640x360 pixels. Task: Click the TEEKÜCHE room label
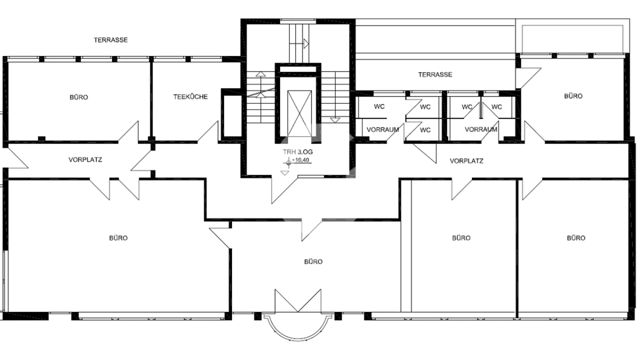[190, 97]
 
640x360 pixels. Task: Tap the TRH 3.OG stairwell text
[298, 152]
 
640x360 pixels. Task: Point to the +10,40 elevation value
[300, 160]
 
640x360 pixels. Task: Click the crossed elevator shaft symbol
[299, 114]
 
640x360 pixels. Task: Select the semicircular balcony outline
[298, 340]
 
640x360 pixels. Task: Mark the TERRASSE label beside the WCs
[435, 75]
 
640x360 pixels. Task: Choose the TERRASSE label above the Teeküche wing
[111, 40]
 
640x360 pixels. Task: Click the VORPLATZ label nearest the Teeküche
[85, 159]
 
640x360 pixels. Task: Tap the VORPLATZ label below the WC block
[467, 161]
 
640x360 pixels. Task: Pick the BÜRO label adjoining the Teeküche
[79, 98]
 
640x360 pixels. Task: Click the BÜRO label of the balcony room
[314, 262]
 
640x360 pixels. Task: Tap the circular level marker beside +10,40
[289, 163]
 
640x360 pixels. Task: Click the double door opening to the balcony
[298, 301]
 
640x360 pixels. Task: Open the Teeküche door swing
[208, 131]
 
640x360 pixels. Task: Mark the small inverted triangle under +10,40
[285, 173]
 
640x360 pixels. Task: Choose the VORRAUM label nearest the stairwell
[382, 130]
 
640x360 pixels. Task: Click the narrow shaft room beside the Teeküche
[231, 115]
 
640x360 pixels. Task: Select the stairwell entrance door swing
[285, 190]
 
